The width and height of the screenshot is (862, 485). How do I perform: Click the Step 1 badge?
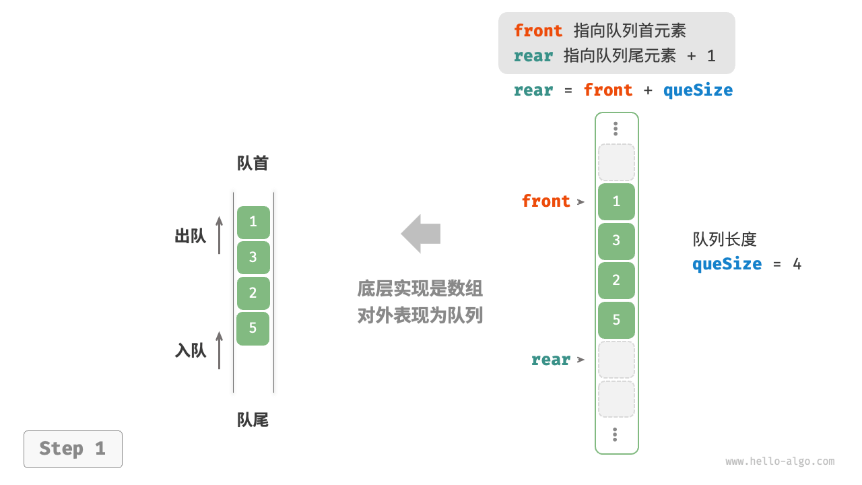point(73,449)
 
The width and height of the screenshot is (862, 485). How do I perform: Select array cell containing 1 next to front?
point(616,201)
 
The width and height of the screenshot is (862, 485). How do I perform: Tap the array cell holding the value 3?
point(616,240)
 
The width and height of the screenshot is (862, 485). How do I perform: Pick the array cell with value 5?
point(616,319)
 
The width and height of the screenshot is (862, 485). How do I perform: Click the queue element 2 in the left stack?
point(253,293)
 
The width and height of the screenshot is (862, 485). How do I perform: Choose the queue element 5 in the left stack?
point(253,328)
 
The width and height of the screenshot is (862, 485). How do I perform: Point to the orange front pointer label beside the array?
point(545,201)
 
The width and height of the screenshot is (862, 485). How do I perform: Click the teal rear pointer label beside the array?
point(550,360)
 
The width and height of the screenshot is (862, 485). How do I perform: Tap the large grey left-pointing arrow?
point(421,234)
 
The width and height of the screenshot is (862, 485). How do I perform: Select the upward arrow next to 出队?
point(219,235)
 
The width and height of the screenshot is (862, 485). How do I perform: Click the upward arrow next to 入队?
point(219,350)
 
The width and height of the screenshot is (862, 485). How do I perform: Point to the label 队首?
point(253,164)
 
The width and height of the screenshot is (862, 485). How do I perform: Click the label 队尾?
point(253,420)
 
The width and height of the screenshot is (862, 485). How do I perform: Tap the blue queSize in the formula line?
point(698,90)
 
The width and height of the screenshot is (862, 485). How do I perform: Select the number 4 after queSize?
point(797,264)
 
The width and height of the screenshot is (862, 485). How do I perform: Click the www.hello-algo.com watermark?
point(780,461)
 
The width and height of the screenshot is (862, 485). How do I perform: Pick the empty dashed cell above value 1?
point(616,162)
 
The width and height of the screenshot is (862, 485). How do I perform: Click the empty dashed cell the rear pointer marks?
point(616,360)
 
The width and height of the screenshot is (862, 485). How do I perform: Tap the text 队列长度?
point(725,239)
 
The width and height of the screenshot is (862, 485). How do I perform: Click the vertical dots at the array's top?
point(616,129)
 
